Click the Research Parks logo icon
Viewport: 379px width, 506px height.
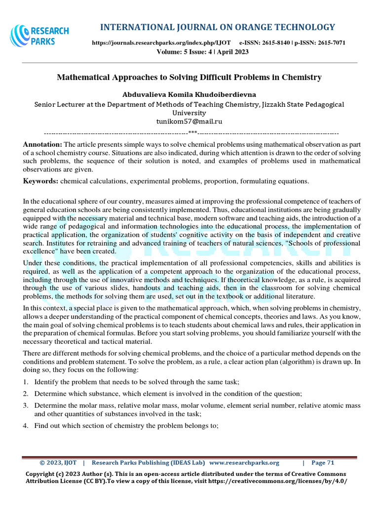20,36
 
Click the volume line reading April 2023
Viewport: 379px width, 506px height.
202,52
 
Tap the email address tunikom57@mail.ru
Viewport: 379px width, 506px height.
189,121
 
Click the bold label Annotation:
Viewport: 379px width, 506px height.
42,144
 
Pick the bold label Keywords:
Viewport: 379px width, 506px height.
41,181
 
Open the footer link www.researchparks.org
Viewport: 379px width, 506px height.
244,463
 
